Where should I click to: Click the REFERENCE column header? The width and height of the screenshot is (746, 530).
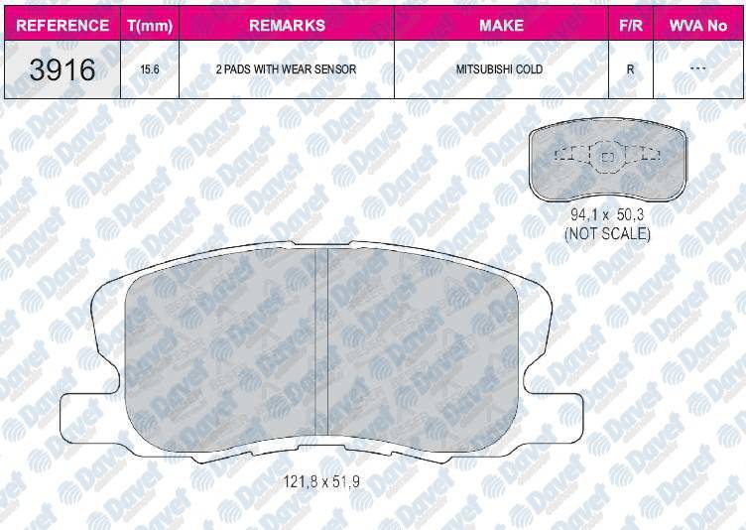[62, 25]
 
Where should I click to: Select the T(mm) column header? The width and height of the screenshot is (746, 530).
[150, 25]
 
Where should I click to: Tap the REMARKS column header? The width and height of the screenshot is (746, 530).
[287, 25]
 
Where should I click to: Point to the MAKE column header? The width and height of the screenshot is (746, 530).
[501, 25]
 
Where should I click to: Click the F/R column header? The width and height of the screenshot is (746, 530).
[631, 25]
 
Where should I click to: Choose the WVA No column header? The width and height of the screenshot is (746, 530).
[698, 25]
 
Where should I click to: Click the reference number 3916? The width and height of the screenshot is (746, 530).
[62, 69]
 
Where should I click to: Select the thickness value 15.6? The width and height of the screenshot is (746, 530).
[150, 69]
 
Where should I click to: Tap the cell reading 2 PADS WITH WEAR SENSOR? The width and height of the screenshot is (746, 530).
[286, 69]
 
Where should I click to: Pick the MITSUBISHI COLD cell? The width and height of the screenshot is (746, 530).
[500, 69]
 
